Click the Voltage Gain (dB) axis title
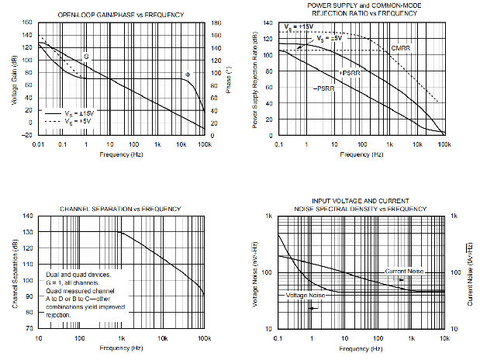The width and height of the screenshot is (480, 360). (14, 78)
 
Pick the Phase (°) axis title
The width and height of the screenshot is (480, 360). (229, 79)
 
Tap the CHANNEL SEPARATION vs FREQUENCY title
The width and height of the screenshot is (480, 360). (120, 209)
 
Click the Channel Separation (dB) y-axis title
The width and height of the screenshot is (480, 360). (14, 272)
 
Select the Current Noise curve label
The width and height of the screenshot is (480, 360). (403, 271)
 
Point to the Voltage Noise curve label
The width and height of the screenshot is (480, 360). (306, 296)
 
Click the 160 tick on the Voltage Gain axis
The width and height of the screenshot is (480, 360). (28, 22)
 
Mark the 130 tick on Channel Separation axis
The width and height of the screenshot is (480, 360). (28, 232)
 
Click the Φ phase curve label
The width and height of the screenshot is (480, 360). (188, 74)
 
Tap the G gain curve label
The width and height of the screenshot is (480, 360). (85, 57)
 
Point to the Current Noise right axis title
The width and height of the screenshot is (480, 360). (469, 272)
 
